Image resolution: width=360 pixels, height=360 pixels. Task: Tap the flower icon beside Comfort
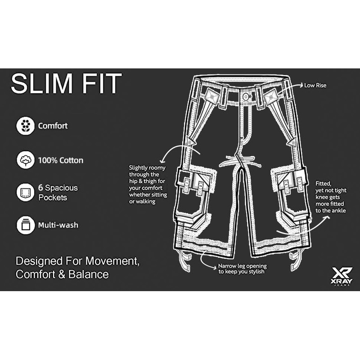point(25,126)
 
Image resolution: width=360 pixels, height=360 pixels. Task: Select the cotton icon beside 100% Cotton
point(25,160)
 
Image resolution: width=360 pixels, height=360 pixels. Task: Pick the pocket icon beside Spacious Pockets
point(25,192)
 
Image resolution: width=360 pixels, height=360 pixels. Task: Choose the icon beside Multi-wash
point(25,225)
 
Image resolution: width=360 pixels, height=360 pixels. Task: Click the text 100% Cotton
point(60,160)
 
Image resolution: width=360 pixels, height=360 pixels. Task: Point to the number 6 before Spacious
point(40,188)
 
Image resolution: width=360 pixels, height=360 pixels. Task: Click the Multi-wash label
point(58,225)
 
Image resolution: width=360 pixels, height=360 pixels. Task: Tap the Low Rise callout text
point(315,85)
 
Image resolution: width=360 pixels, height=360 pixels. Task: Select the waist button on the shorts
point(245,97)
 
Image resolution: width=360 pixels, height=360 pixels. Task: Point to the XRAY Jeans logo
point(342,275)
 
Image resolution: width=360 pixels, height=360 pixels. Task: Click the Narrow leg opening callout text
point(241,269)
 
